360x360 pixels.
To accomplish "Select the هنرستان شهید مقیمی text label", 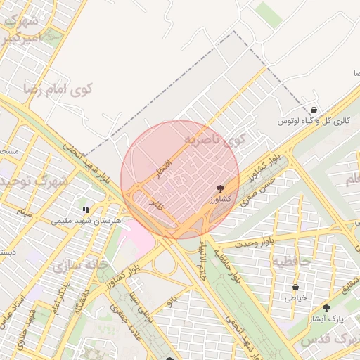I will click(x=86, y=220).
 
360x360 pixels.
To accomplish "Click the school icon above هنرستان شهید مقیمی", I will click(x=86, y=210).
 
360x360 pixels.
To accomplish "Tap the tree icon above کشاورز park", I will click(x=221, y=188).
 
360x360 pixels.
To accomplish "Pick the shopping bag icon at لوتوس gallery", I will click(x=313, y=110).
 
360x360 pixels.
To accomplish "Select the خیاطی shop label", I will click(x=295, y=297).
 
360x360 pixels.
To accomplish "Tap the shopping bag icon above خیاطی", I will click(x=295, y=287).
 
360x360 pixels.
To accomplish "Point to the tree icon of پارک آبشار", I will click(x=326, y=308).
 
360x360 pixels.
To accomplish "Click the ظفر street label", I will click(x=155, y=205).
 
